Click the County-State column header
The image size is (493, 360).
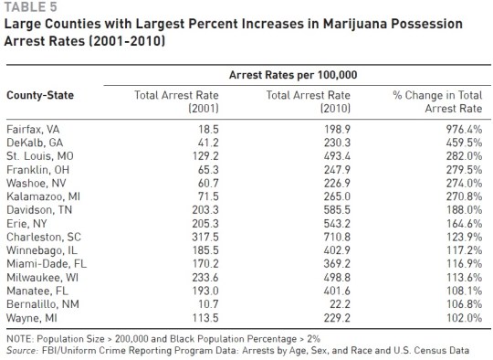click(x=40, y=95)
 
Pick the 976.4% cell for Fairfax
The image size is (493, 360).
click(x=460, y=132)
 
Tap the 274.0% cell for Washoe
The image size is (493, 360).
click(x=460, y=183)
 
